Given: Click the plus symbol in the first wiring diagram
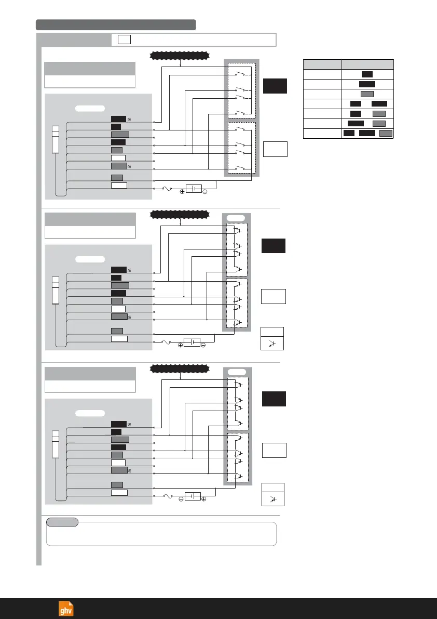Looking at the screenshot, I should (x=182, y=191).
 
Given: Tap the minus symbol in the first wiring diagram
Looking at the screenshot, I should (x=205, y=191).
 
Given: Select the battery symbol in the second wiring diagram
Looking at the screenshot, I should (x=192, y=343).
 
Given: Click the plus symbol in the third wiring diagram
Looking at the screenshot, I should (x=204, y=499).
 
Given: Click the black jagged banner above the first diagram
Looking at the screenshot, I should (x=180, y=55).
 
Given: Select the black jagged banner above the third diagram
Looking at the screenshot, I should (x=180, y=368).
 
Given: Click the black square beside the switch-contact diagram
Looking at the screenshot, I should (x=275, y=86).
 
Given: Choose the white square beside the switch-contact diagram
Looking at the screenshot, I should (x=275, y=149).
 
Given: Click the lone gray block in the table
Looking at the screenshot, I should (x=367, y=94).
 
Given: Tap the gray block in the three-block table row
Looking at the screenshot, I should (x=386, y=134).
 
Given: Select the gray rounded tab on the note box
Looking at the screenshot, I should (x=62, y=522).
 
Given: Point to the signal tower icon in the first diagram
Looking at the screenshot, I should (x=55, y=138).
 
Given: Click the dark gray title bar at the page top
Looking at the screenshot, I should (x=116, y=24).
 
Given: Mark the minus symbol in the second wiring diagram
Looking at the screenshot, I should (x=203, y=346).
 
